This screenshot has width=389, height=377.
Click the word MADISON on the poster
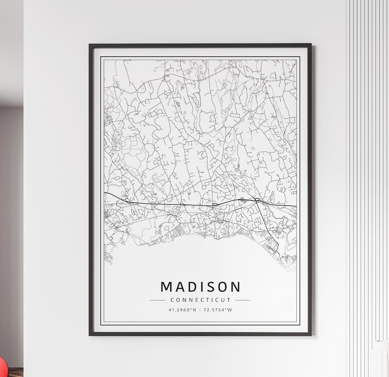[200, 287]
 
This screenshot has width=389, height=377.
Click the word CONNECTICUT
[200, 300]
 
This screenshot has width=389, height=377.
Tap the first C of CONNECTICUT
[173, 300]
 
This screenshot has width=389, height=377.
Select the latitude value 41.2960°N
[182, 310]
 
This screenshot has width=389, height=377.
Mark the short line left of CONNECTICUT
[157, 300]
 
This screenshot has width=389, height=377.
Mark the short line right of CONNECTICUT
[243, 300]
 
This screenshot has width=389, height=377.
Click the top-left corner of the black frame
[90, 45]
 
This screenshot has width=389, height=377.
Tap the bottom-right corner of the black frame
[310, 334]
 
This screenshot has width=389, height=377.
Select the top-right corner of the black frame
[310, 45]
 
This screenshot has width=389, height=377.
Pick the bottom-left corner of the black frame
[90, 334]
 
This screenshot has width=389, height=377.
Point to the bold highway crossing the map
[180, 205]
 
